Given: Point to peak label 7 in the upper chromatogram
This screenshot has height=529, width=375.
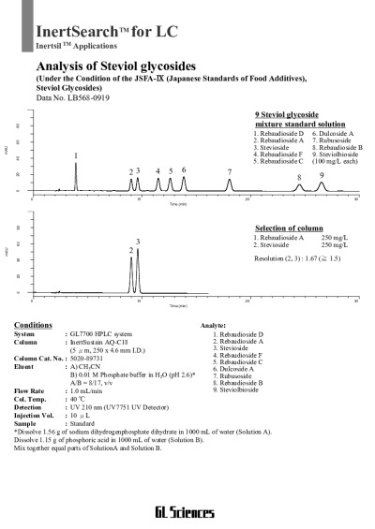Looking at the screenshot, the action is coord(230,172).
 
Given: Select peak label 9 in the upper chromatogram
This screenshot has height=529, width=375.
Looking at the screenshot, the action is coord(322,175).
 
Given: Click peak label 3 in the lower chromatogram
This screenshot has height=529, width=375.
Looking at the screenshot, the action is coord(138,242).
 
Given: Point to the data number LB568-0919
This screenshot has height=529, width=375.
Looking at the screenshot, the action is coord(72,97).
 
